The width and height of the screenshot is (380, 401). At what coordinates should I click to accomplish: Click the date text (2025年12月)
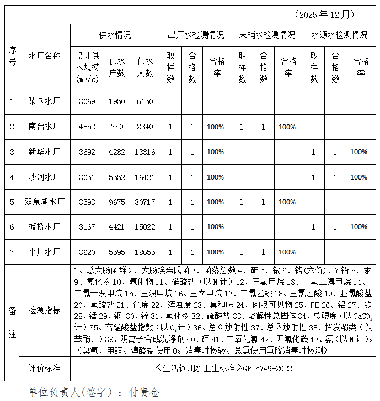click(324, 14)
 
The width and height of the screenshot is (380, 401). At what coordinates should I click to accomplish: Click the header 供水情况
click(115, 35)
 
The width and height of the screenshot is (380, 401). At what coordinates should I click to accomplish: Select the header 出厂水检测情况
click(196, 35)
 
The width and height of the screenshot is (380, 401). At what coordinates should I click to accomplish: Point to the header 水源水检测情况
click(340, 35)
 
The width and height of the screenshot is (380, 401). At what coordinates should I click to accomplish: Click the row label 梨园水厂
click(45, 101)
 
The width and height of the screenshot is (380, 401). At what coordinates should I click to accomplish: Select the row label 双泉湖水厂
click(45, 202)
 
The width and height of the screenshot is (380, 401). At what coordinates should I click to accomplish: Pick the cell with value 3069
click(87, 101)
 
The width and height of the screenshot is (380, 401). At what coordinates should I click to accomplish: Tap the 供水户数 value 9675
click(117, 202)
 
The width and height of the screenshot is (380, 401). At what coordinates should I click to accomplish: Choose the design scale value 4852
click(87, 127)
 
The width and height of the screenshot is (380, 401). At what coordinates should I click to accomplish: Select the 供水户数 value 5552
click(117, 177)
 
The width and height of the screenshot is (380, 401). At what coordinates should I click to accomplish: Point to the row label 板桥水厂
click(45, 226)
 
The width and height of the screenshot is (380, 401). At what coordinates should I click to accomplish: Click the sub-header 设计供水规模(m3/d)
click(87, 67)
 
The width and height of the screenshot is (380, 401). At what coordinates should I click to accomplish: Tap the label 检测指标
click(45, 310)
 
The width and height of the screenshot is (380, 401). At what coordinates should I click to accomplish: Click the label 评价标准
click(45, 367)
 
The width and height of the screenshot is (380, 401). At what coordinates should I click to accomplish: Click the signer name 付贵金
click(143, 392)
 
